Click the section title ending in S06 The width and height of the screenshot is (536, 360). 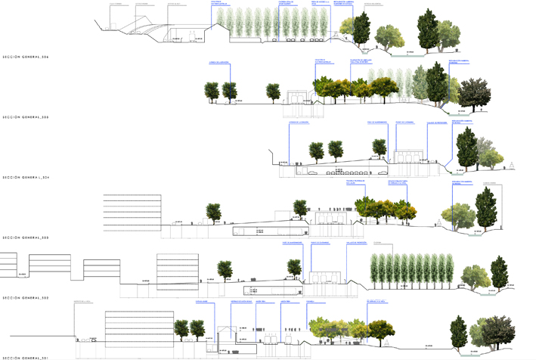pos(26,57)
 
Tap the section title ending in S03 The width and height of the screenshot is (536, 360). pos(26,237)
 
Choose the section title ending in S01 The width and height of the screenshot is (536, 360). pos(26,356)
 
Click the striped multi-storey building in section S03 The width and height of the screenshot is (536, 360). pos(132,211)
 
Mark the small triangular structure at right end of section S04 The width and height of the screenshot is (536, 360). pos(512,166)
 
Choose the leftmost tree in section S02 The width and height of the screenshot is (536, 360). pos(223,268)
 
